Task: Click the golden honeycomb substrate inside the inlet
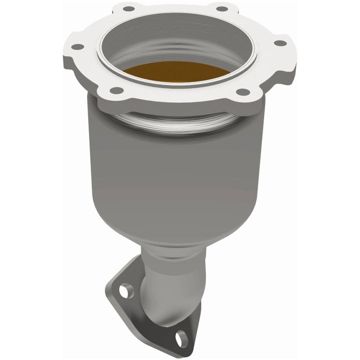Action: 176,72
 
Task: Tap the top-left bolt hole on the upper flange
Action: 128,8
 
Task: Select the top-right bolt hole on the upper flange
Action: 220,8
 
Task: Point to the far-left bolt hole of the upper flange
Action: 77,47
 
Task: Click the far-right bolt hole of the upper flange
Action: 280,43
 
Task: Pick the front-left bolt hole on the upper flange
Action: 116,90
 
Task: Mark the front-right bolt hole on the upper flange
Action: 242,92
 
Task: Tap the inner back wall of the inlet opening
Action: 175,42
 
